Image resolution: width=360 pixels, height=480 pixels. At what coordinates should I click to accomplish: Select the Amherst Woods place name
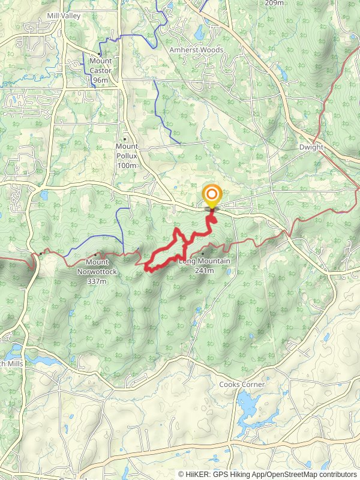196,50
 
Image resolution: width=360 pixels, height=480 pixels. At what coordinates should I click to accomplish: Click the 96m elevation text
100,80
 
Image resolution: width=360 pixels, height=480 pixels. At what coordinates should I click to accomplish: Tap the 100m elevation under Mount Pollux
127,165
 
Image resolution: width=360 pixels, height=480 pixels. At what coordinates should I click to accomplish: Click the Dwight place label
311,147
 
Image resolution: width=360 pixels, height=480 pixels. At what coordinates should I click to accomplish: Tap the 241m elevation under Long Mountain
205,270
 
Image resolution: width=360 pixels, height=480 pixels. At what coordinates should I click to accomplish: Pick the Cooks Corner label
241,384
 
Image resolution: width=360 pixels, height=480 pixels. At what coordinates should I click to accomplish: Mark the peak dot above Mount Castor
100,53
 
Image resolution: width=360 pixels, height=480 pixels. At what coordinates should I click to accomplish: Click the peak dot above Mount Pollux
125,139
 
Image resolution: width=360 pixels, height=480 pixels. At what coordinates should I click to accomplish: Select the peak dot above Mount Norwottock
95,254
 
